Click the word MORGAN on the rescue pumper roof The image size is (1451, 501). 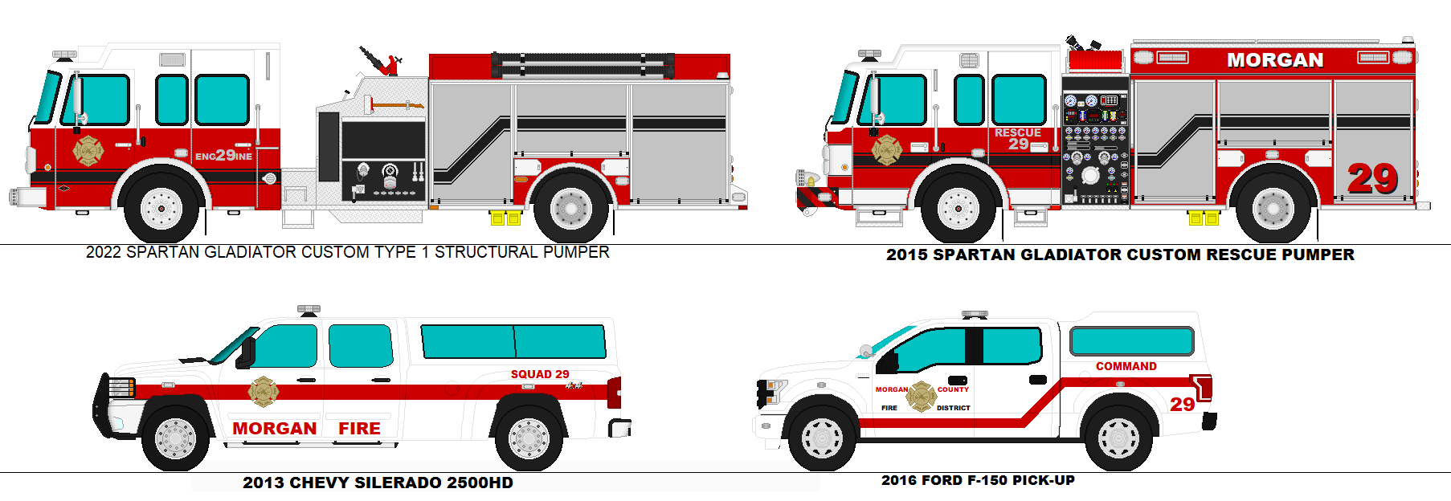1274,60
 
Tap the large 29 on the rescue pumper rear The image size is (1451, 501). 1372,178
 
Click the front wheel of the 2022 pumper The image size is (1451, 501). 161,208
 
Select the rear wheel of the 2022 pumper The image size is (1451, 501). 571,208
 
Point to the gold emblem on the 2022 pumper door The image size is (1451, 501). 88,150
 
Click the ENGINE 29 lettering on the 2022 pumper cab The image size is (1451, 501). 223,155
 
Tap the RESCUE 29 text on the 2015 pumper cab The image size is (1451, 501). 1017,138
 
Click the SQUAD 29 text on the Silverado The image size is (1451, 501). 540,374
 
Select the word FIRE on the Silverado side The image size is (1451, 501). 359,429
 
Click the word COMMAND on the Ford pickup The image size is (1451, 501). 1126,366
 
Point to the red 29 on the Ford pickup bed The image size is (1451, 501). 1182,404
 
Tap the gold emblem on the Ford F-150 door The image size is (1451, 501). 922,397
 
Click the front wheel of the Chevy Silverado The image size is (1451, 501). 175,438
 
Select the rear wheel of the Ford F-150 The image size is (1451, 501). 1118,438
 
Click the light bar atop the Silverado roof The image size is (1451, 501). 309,308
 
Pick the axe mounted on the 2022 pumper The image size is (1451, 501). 394,104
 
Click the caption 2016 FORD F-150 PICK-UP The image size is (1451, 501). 978,480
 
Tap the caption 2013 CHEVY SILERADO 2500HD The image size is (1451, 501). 378,483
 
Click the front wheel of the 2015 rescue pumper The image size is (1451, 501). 958,208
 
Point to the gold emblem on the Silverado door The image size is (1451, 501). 263,392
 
